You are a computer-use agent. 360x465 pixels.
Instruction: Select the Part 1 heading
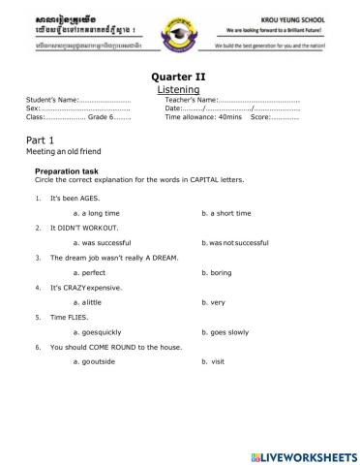41,140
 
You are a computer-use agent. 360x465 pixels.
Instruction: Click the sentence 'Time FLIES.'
68,317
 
